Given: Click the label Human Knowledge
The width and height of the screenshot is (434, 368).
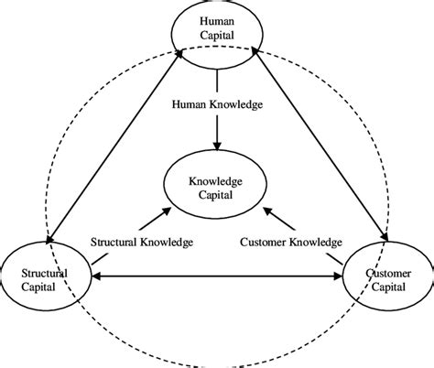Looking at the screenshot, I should (218, 103).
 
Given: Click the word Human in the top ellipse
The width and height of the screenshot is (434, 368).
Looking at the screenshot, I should (217, 21).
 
